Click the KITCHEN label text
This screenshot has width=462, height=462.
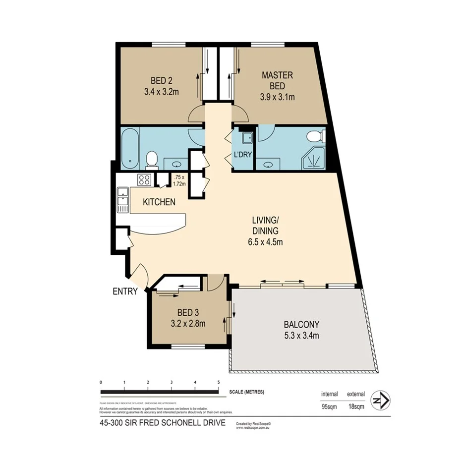(159, 202)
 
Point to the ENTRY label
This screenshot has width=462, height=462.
(124, 291)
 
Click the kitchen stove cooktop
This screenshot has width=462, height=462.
(144, 180)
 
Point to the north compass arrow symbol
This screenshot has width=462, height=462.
(381, 400)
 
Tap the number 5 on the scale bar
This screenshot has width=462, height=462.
(219, 382)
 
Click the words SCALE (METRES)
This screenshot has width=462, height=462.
(247, 392)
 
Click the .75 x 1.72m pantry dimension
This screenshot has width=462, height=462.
(179, 180)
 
